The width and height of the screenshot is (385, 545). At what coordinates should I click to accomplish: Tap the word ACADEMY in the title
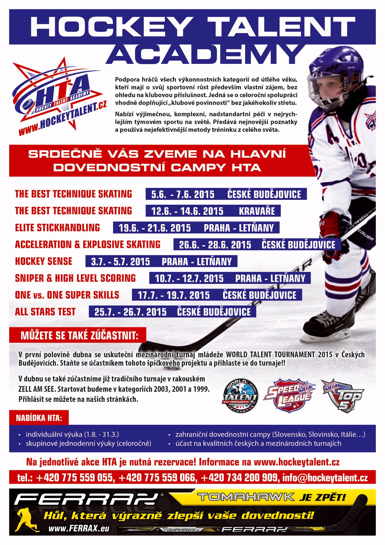[205, 54]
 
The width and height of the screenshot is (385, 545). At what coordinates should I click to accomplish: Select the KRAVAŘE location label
[257, 211]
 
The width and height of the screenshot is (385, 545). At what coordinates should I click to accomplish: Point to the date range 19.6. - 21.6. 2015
[154, 228]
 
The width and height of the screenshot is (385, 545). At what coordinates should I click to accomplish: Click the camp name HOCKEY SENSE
[44, 261]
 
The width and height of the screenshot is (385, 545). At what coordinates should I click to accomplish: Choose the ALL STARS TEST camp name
[45, 312]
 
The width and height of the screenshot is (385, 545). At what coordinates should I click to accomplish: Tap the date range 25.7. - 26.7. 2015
[130, 312]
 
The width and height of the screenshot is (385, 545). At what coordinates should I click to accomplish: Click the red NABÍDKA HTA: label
[39, 418]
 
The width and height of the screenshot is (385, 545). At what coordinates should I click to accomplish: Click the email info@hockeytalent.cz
[325, 478]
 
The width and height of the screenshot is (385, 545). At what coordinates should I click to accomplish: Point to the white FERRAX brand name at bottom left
[85, 499]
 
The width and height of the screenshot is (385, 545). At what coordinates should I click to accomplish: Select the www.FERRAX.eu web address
[79, 529]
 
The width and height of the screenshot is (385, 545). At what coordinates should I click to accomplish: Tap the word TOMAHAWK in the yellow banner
[246, 497]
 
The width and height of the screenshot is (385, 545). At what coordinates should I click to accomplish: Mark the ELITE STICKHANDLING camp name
[57, 228]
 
